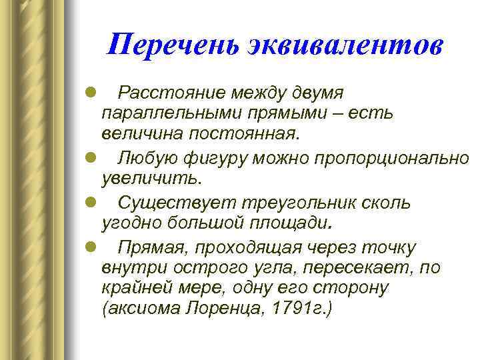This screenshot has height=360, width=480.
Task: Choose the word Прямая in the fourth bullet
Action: coord(150,247)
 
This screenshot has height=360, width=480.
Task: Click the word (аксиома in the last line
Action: coord(141,311)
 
